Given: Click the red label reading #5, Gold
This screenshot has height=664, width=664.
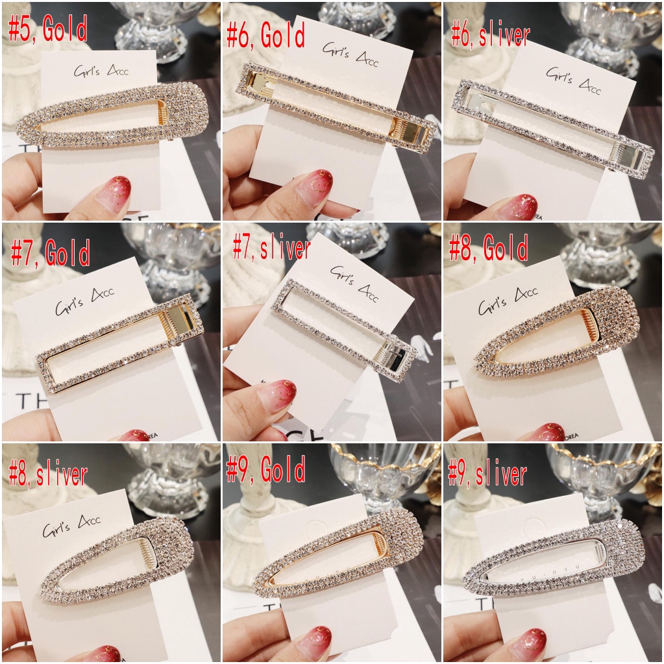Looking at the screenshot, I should click(x=49, y=30).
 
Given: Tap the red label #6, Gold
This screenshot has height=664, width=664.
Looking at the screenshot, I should click(x=265, y=36).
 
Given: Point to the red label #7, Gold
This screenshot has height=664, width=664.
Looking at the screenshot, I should click(x=51, y=254).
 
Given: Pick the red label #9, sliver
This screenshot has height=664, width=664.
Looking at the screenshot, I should click(x=487, y=475).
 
